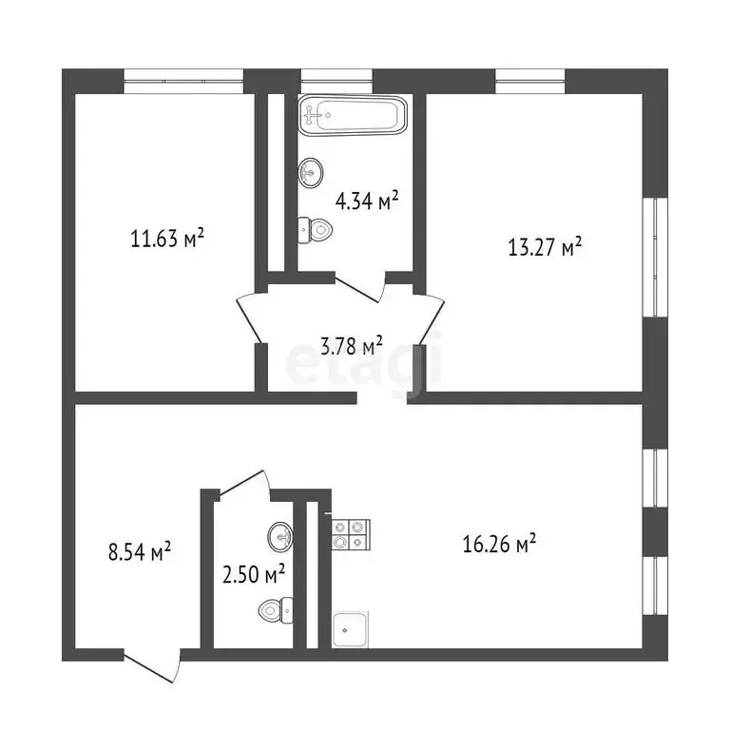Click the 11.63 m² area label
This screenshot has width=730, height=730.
tap(167, 239)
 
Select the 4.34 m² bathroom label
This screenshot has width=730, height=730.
tap(366, 201)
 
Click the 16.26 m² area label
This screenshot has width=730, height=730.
tap(499, 544)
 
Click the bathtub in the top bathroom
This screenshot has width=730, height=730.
tap(353, 116)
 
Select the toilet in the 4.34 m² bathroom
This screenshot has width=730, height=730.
tap(315, 229)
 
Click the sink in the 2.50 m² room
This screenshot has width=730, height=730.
tap(280, 537)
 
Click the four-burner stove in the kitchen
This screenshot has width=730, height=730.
tap(350, 533)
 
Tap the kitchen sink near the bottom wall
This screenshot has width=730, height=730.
tap(350, 630)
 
